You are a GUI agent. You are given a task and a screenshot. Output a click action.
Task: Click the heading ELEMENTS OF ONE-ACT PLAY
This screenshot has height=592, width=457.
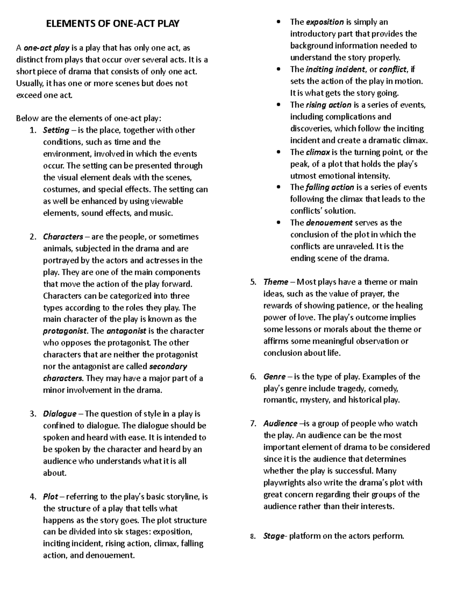click(112, 24)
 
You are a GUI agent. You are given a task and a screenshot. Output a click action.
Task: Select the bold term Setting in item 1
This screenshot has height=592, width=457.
click(56, 130)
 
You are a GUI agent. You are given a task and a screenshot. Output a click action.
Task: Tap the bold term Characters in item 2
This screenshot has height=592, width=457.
click(63, 237)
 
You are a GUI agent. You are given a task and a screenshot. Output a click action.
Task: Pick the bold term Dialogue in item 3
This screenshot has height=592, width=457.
click(60, 414)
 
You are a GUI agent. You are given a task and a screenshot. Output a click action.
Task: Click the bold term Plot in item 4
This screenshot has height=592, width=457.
click(50, 497)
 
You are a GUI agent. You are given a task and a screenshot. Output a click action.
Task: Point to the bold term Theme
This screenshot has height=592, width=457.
click(276, 282)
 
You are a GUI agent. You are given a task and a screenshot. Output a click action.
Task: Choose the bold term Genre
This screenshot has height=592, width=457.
click(274, 377)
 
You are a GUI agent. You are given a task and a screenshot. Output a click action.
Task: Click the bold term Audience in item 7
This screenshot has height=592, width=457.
click(280, 424)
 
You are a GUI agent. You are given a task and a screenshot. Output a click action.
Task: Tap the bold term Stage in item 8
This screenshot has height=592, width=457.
click(273, 536)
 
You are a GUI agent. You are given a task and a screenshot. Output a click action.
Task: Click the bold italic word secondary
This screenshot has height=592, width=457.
click(168, 366)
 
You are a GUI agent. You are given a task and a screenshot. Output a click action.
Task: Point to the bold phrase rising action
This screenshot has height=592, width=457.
click(328, 105)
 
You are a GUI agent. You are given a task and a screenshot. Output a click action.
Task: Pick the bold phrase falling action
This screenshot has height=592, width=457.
click(330, 187)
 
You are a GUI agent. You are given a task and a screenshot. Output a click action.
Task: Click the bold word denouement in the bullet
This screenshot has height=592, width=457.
click(329, 223)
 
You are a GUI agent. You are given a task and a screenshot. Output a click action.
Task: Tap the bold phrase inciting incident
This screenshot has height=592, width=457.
click(336, 69)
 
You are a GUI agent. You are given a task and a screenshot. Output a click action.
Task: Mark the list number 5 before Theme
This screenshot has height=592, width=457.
click(253, 282)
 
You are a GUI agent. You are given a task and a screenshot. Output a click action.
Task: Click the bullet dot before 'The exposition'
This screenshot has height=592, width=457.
click(280, 22)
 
